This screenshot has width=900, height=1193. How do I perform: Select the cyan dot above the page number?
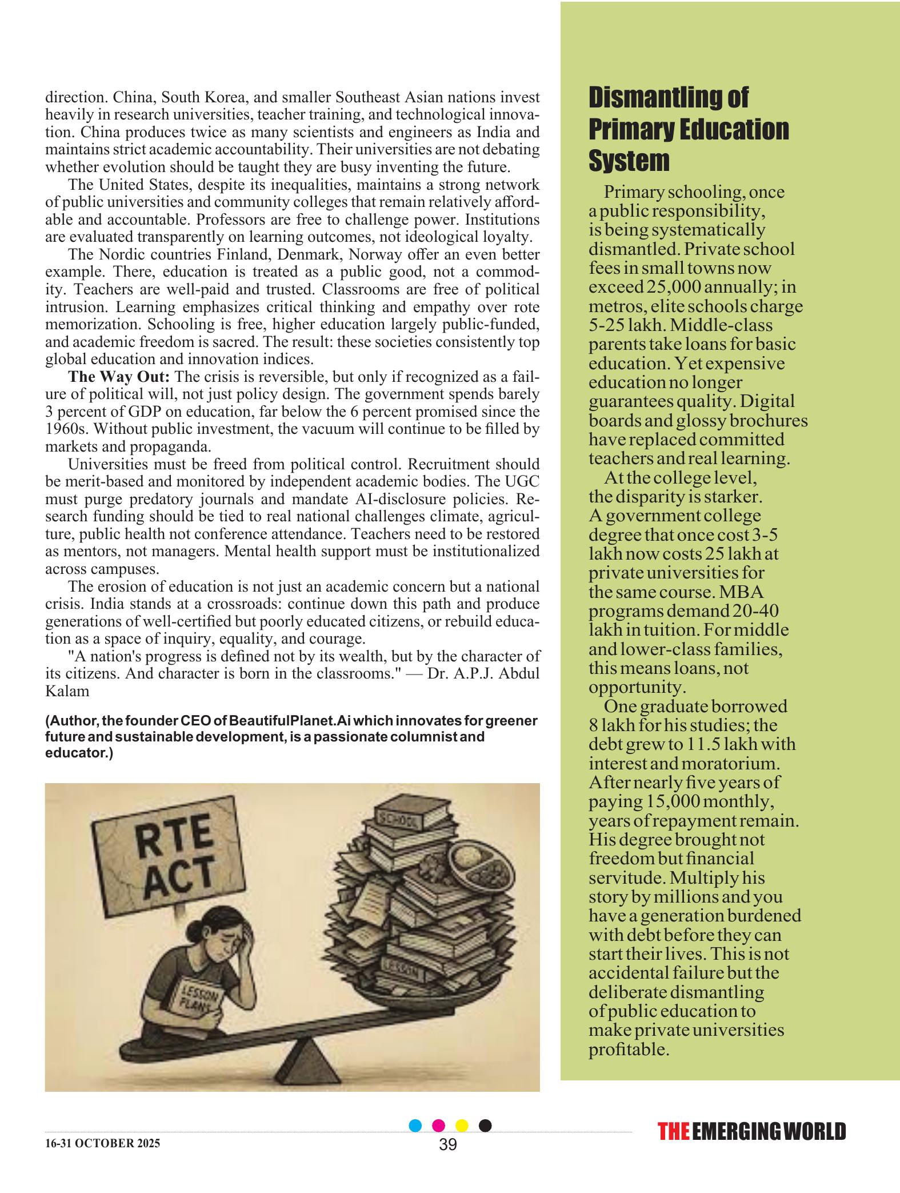coord(415,1126)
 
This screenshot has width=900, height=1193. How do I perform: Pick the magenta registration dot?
coord(439,1126)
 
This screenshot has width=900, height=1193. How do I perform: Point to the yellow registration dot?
coord(462,1126)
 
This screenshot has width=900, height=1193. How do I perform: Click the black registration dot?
coord(485,1126)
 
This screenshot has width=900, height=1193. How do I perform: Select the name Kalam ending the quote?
coord(67,691)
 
